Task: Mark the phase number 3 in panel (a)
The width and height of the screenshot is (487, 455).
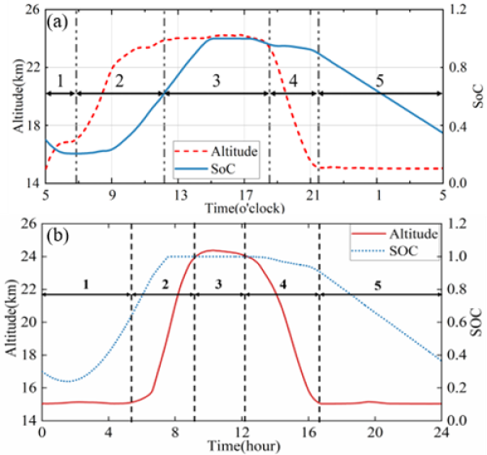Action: click(x=215, y=80)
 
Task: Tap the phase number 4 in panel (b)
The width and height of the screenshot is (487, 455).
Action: click(x=282, y=284)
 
